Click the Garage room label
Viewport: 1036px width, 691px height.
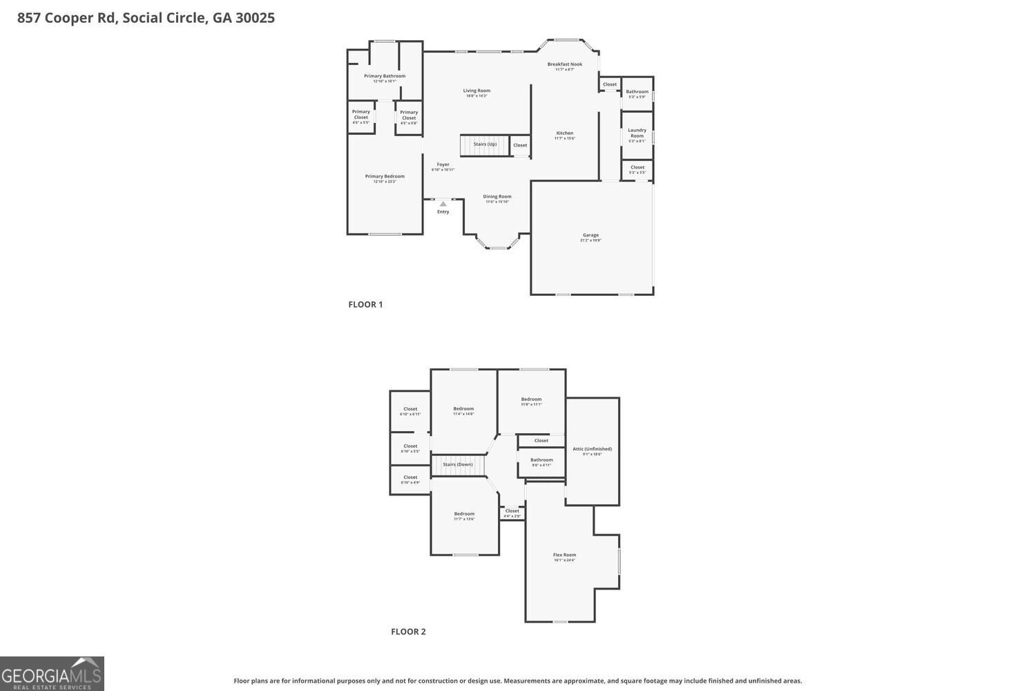coord(591,235)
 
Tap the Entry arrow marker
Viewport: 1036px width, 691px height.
coord(443,204)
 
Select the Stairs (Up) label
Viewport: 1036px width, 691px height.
coord(485,144)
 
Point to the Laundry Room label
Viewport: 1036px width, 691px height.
coord(637,133)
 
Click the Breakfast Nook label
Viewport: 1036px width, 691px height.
coord(564,64)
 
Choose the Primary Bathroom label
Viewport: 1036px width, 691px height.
coord(385,76)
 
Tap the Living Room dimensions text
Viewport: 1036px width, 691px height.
coord(477,96)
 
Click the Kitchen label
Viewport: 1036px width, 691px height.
coord(564,133)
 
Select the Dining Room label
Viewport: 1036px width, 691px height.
coord(497,196)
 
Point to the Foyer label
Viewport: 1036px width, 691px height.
coord(443,164)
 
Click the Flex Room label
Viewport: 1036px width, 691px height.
coord(564,555)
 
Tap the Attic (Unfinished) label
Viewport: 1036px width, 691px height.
coord(592,449)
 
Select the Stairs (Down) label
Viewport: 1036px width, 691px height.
coord(457,464)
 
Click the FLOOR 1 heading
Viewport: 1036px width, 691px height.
coord(365,305)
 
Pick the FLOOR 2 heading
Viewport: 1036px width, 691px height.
coord(408,632)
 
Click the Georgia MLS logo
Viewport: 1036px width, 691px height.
coord(52,674)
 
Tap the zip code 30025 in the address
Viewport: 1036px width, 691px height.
coord(255,18)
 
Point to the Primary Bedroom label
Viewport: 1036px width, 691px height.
coord(385,176)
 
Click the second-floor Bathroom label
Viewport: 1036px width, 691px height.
coord(541,460)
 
